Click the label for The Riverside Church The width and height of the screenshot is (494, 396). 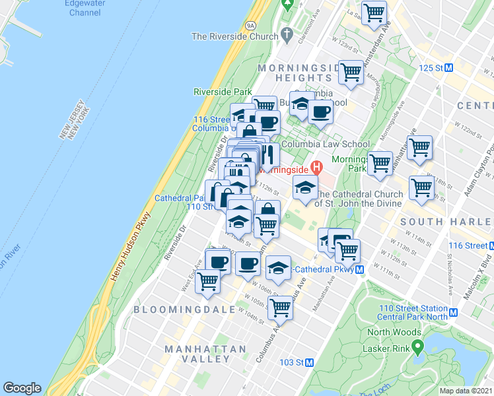234,36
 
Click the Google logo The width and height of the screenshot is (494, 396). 22,388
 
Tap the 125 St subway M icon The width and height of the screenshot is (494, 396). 448,68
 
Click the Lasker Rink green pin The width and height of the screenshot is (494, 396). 416,346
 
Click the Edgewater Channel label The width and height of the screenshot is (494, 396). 85,7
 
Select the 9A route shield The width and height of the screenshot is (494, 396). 250,24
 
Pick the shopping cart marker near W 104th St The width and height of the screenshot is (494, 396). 281,308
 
